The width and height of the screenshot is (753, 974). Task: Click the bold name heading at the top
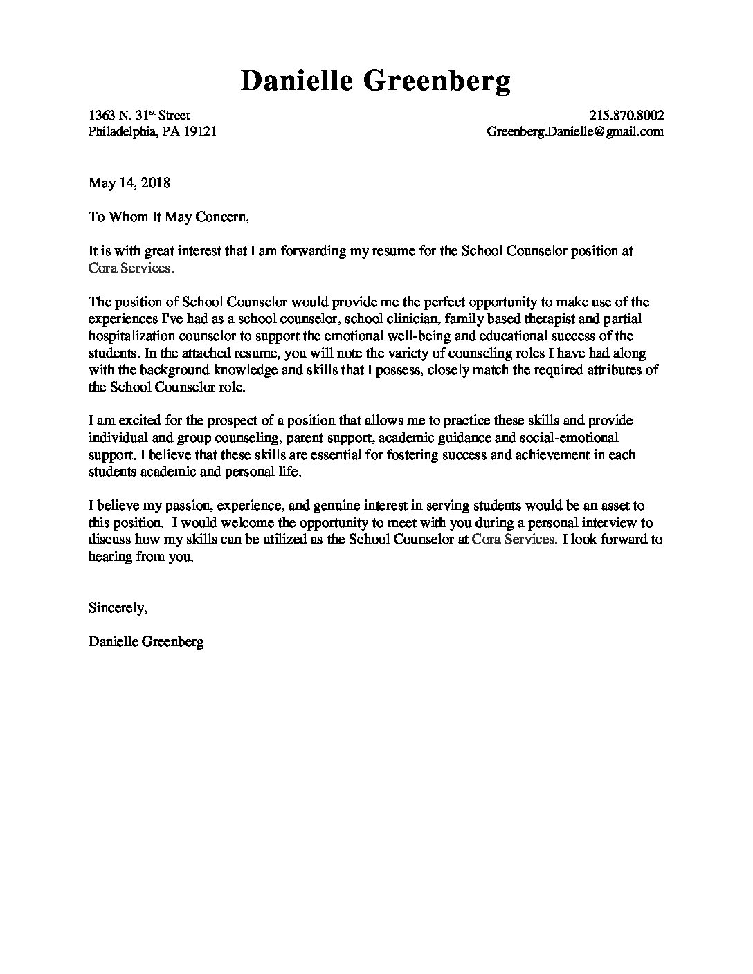click(x=376, y=82)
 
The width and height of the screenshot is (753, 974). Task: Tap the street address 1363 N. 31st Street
click(x=139, y=116)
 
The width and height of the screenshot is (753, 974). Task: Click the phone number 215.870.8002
click(x=626, y=116)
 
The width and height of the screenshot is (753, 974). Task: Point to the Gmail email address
click(x=575, y=131)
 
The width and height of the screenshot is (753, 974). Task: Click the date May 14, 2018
click(x=129, y=183)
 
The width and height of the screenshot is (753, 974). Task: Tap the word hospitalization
click(x=131, y=336)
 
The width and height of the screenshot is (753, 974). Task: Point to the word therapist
click(x=577, y=319)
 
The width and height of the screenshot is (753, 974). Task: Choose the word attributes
click(x=611, y=370)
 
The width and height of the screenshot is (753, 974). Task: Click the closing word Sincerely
click(x=118, y=608)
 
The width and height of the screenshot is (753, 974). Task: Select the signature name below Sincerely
click(x=146, y=642)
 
